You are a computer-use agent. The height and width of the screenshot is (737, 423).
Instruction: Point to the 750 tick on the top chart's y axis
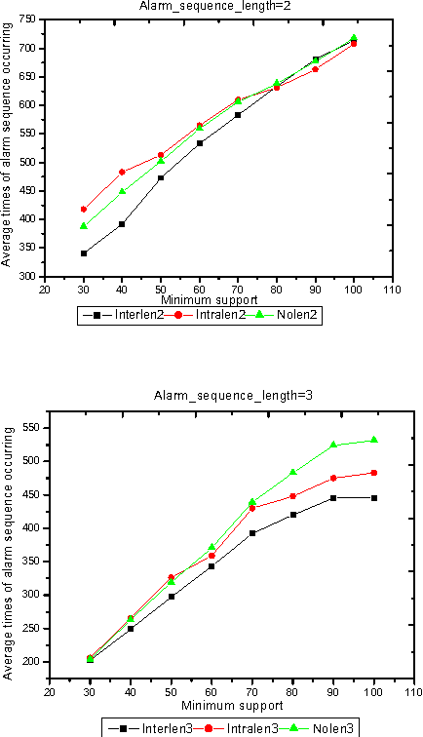pos(29,19)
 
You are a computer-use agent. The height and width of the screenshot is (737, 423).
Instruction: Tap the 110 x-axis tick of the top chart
pos(392,288)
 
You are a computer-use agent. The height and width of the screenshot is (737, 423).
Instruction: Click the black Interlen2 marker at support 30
pos(84,253)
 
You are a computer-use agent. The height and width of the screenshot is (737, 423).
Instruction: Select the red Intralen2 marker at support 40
pos(122,172)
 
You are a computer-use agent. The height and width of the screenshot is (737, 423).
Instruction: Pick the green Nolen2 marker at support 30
pos(84,226)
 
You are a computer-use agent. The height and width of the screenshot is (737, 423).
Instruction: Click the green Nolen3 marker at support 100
pos(373,440)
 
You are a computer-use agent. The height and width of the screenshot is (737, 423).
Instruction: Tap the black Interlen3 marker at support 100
pos(373,498)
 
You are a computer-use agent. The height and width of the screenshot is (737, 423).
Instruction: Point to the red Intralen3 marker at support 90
pos(333,478)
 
